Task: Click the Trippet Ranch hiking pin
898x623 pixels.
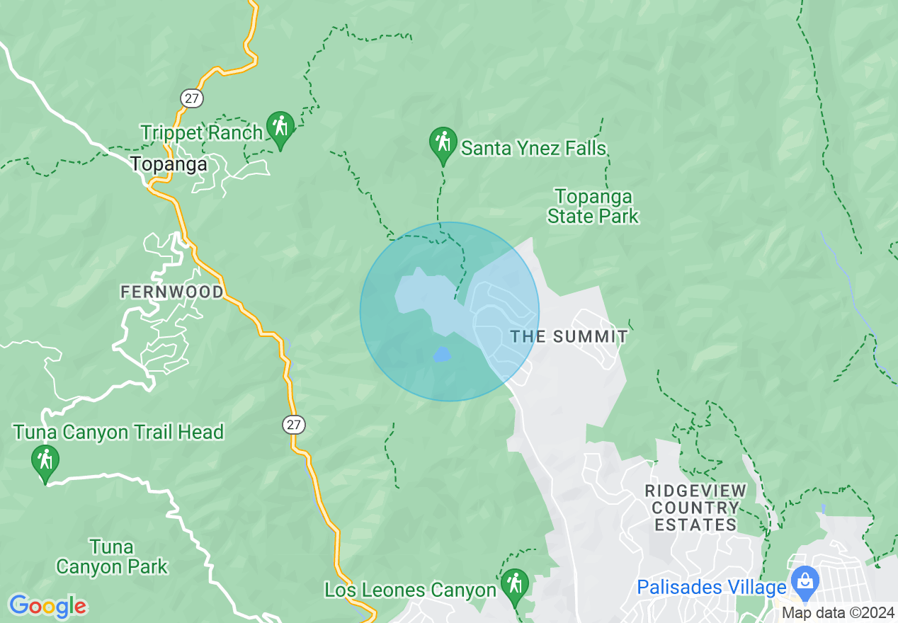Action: (x=280, y=128)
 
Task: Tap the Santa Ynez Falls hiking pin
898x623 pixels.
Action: (x=443, y=144)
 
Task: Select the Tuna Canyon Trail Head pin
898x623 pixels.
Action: (x=45, y=462)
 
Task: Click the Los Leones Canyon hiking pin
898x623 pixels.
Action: (x=515, y=585)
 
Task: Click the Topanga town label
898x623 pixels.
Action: (x=169, y=164)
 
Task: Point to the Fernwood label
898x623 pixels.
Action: (x=172, y=292)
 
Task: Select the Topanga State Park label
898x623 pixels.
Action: (x=593, y=206)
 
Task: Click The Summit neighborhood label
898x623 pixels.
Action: (x=569, y=336)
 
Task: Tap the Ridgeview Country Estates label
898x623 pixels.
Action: (x=695, y=508)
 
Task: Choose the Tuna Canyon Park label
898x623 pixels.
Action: (x=112, y=556)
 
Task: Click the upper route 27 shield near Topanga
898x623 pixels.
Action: (x=191, y=98)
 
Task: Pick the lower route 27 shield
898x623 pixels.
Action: (x=295, y=425)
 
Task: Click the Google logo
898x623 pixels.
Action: (x=48, y=605)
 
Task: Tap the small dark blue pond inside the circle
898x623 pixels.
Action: (x=441, y=354)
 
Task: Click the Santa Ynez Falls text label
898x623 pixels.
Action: (x=534, y=148)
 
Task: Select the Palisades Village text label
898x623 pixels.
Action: (x=712, y=587)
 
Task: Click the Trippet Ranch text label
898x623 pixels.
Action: (x=201, y=132)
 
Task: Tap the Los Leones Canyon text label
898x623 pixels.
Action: (x=410, y=590)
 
